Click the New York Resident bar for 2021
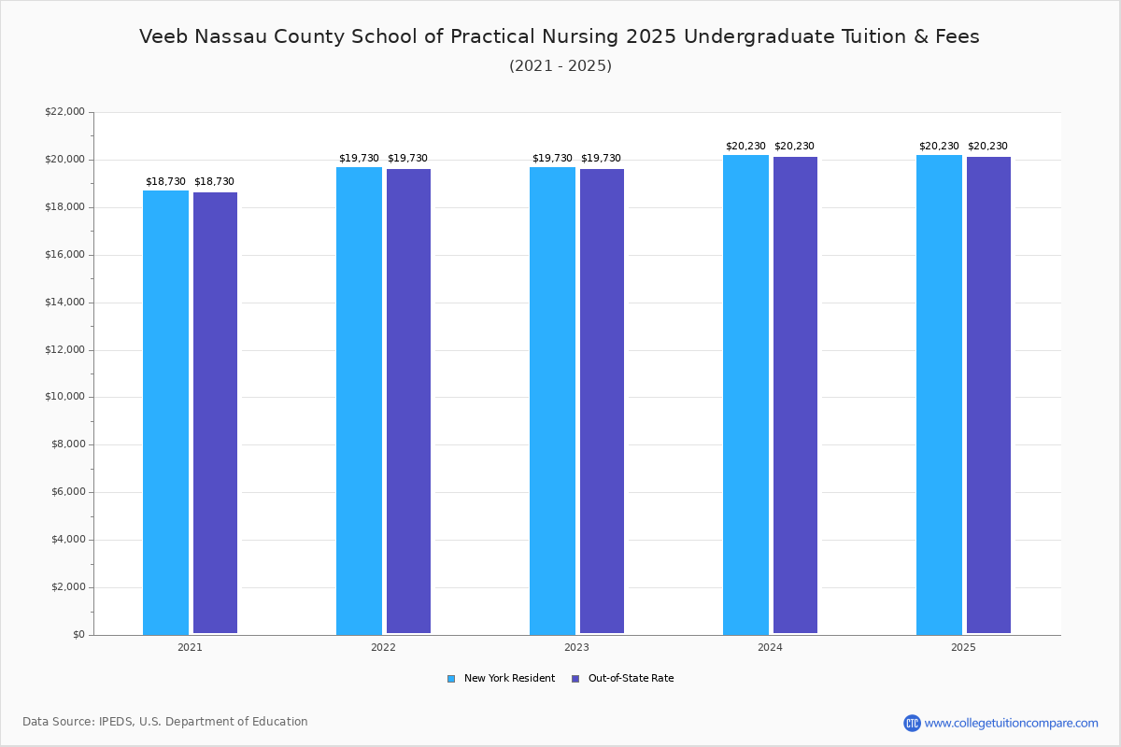click(165, 412)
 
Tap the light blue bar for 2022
click(359, 401)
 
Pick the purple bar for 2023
click(602, 402)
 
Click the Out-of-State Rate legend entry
click(623, 679)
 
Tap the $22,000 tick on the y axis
click(64, 112)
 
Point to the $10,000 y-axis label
click(64, 397)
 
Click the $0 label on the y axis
click(78, 635)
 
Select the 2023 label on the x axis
click(576, 647)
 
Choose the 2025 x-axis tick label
click(963, 647)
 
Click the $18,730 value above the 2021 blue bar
click(165, 181)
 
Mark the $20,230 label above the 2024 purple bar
click(794, 146)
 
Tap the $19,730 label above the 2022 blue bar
click(359, 158)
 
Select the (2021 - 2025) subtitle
click(560, 66)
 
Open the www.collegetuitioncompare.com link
click(1011, 723)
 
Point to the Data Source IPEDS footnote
click(165, 722)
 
